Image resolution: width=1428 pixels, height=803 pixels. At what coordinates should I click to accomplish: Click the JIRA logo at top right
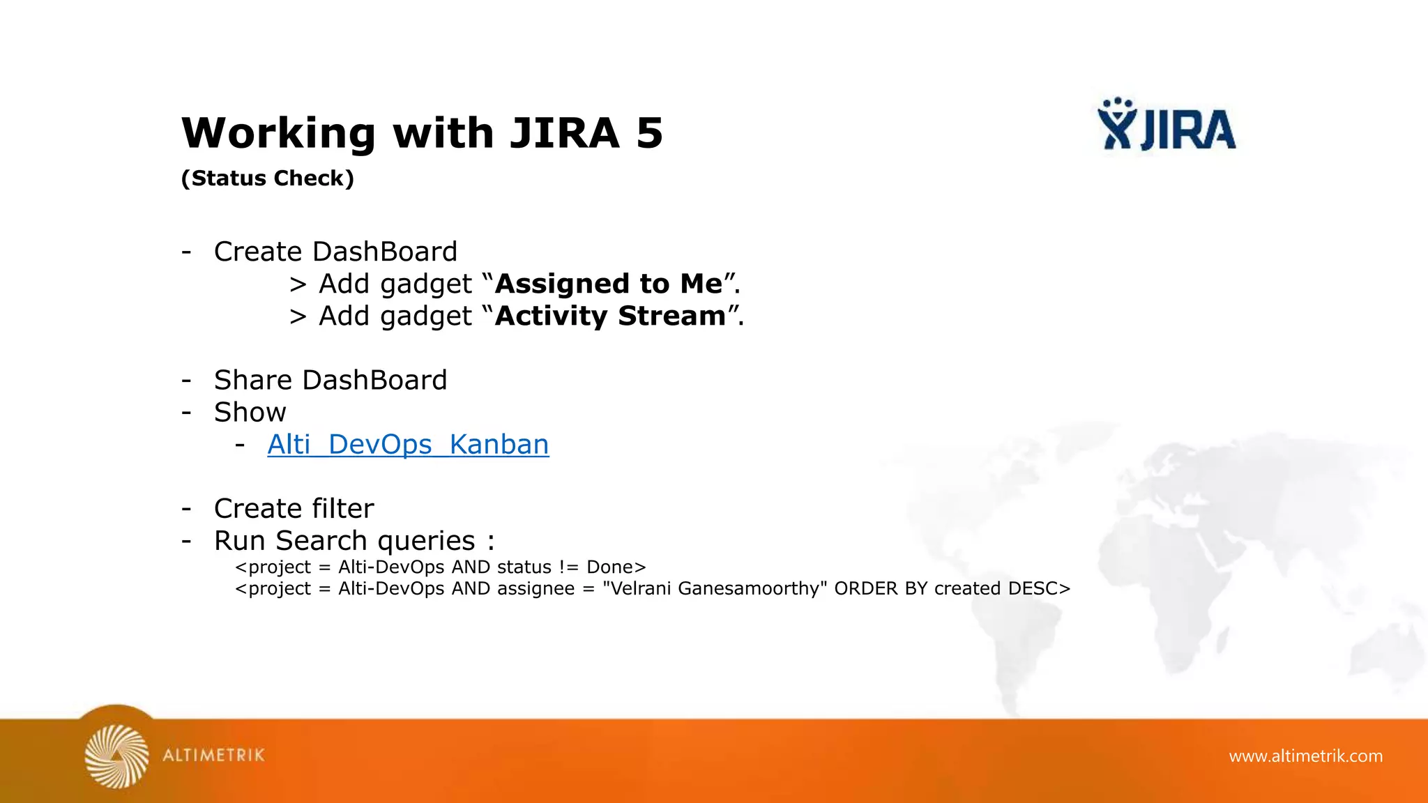click(x=1167, y=125)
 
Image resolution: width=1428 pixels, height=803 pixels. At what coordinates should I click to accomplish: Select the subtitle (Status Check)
click(x=268, y=178)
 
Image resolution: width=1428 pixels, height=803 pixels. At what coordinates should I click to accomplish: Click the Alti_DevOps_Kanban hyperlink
click(x=408, y=445)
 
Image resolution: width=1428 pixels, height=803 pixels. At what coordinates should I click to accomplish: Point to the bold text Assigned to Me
click(x=609, y=284)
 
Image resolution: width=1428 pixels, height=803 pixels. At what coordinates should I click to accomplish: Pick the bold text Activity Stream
click(x=611, y=316)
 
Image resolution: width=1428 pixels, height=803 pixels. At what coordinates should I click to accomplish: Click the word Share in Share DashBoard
click(x=253, y=380)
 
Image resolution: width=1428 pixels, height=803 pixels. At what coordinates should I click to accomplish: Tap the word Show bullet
click(x=250, y=412)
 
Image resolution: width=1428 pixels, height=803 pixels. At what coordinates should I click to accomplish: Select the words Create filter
click(x=294, y=509)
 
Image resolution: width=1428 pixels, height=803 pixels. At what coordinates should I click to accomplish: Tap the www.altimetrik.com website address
click(x=1305, y=756)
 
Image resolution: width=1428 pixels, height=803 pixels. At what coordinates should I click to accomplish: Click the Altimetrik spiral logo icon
click(x=116, y=756)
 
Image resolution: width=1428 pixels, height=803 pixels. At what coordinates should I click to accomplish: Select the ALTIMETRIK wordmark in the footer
click(x=213, y=756)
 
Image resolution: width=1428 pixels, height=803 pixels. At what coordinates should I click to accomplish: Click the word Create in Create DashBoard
click(x=258, y=252)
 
